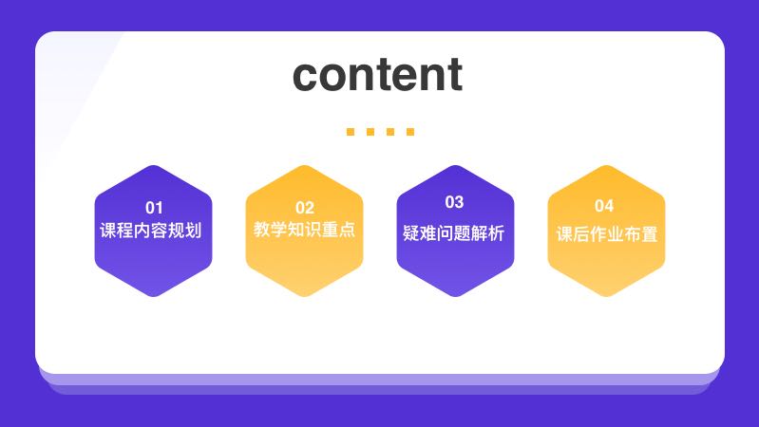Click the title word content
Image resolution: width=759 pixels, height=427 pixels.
378,75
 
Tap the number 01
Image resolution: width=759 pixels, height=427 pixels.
154,207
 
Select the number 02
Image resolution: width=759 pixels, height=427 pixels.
304,207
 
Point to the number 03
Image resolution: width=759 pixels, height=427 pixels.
454,202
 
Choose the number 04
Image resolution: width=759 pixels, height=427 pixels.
604,206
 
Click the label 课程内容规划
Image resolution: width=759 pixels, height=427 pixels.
152,231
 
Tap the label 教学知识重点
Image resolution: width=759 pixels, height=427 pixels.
304,231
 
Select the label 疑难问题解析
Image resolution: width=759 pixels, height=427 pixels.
454,233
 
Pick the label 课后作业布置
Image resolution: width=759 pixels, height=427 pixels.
606,233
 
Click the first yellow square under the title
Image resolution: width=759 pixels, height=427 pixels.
351,132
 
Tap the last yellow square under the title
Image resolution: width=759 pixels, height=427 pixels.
410,132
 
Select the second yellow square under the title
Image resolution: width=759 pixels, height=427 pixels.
370,132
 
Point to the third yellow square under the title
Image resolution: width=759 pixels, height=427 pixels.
390,132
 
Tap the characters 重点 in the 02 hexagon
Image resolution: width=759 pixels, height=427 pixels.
338,231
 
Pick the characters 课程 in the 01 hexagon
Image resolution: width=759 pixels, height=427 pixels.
118,231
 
